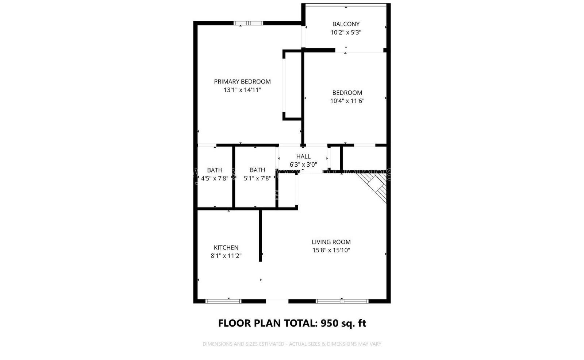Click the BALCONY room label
pos(346,24)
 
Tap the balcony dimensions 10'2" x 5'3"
pos(346,32)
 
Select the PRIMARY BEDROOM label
pos(242,82)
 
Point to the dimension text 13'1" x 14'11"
pos(242,90)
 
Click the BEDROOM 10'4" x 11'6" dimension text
pos(347,101)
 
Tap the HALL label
pos(303,156)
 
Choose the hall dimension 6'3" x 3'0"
pos(303,164)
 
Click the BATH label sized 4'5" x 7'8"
pos(215,170)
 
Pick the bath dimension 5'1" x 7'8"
pos(257,178)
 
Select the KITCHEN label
pos(226,247)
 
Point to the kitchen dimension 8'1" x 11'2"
pos(226,256)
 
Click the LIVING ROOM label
pos(331,242)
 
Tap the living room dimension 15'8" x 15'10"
pos(331,250)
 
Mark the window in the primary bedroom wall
pos(248,23)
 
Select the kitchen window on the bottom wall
pos(223,301)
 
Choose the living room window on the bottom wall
pos(342,301)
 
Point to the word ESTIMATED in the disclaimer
pos(272,344)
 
